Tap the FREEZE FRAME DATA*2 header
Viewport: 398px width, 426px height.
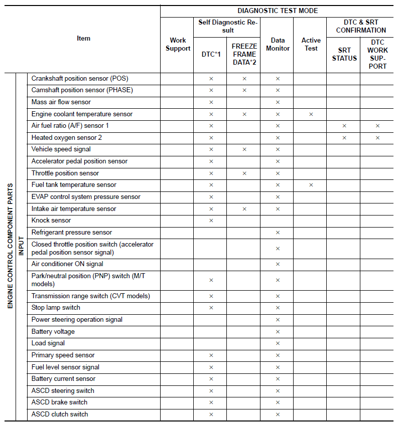(244, 54)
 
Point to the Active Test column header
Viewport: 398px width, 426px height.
(311, 45)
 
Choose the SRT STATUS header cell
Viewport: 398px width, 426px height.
(344, 54)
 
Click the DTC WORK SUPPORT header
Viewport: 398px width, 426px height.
(377, 54)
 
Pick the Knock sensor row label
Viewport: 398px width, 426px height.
(51, 221)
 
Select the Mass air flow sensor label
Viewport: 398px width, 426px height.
(61, 102)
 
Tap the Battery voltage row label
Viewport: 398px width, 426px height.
(53, 332)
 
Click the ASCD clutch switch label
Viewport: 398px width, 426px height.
(60, 414)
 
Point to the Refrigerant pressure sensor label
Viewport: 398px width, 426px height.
(72, 233)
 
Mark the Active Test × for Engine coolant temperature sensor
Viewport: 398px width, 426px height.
(311, 114)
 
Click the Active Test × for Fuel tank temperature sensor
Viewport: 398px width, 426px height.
(311, 185)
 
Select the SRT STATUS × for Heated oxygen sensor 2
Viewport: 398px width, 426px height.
(344, 138)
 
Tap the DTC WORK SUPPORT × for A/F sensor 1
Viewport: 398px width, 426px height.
(377, 126)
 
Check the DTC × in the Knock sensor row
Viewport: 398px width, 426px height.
(211, 221)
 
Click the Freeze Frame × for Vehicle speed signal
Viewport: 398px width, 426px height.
(244, 149)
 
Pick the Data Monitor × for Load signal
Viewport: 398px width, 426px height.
(278, 343)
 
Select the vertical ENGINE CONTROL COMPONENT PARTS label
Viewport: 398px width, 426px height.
(10, 246)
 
